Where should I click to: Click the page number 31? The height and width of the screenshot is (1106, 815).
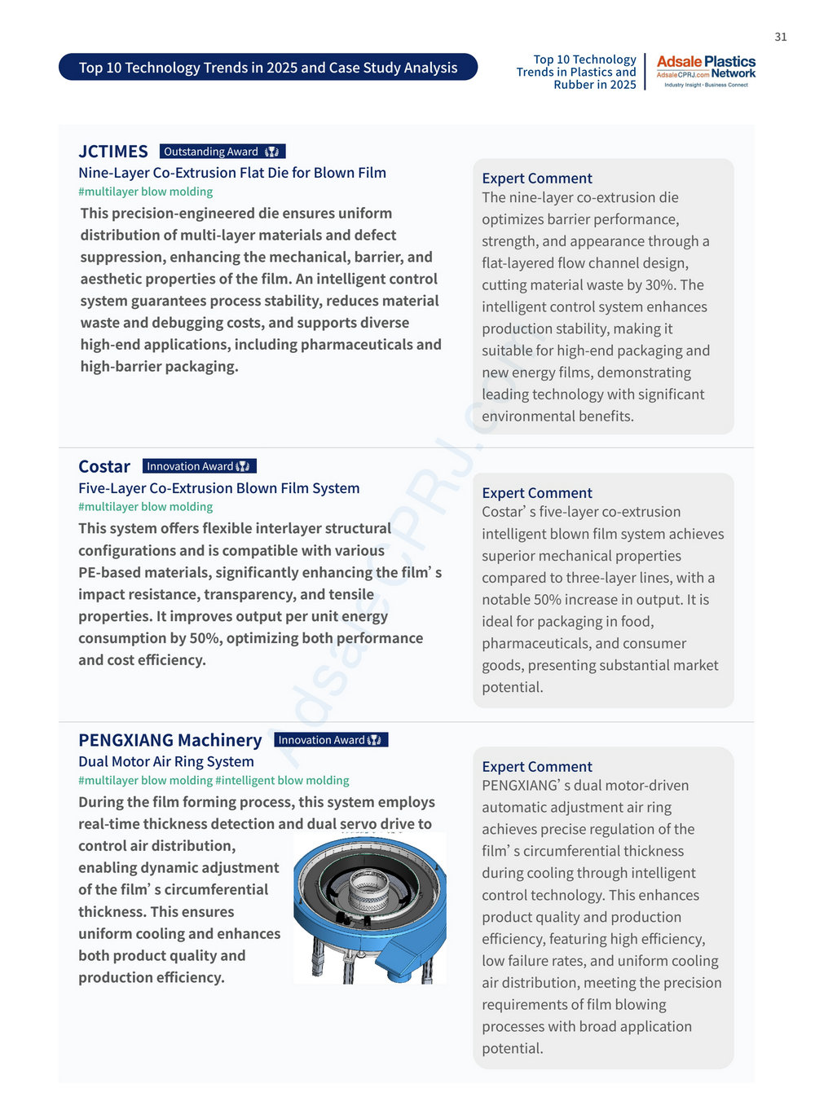[x=780, y=37]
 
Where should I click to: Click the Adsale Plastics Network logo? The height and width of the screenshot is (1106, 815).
[x=706, y=71]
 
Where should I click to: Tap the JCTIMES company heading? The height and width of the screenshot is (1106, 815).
[x=113, y=152]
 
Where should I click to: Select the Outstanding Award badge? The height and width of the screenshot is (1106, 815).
[x=222, y=152]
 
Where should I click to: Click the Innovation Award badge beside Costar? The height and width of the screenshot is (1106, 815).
[x=199, y=466]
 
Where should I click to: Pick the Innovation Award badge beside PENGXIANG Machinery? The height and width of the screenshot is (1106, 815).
[x=330, y=740]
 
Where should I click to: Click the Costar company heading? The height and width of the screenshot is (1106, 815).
[x=104, y=466]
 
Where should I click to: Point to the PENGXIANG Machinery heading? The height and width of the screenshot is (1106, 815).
[x=170, y=740]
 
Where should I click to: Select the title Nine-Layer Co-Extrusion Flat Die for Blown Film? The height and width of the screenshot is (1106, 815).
[x=232, y=173]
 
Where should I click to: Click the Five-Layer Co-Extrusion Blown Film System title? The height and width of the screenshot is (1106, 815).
[x=218, y=488]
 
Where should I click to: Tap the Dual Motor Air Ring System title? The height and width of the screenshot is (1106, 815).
[x=166, y=761]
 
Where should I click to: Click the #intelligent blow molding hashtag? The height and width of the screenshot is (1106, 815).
[x=282, y=780]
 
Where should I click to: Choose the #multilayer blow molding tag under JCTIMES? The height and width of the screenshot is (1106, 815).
[x=145, y=192]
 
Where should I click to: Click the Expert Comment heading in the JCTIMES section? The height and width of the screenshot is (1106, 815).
[x=536, y=178]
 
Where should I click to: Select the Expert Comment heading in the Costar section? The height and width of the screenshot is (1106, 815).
[x=536, y=493]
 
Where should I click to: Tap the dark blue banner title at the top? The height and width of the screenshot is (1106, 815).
[x=268, y=68]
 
